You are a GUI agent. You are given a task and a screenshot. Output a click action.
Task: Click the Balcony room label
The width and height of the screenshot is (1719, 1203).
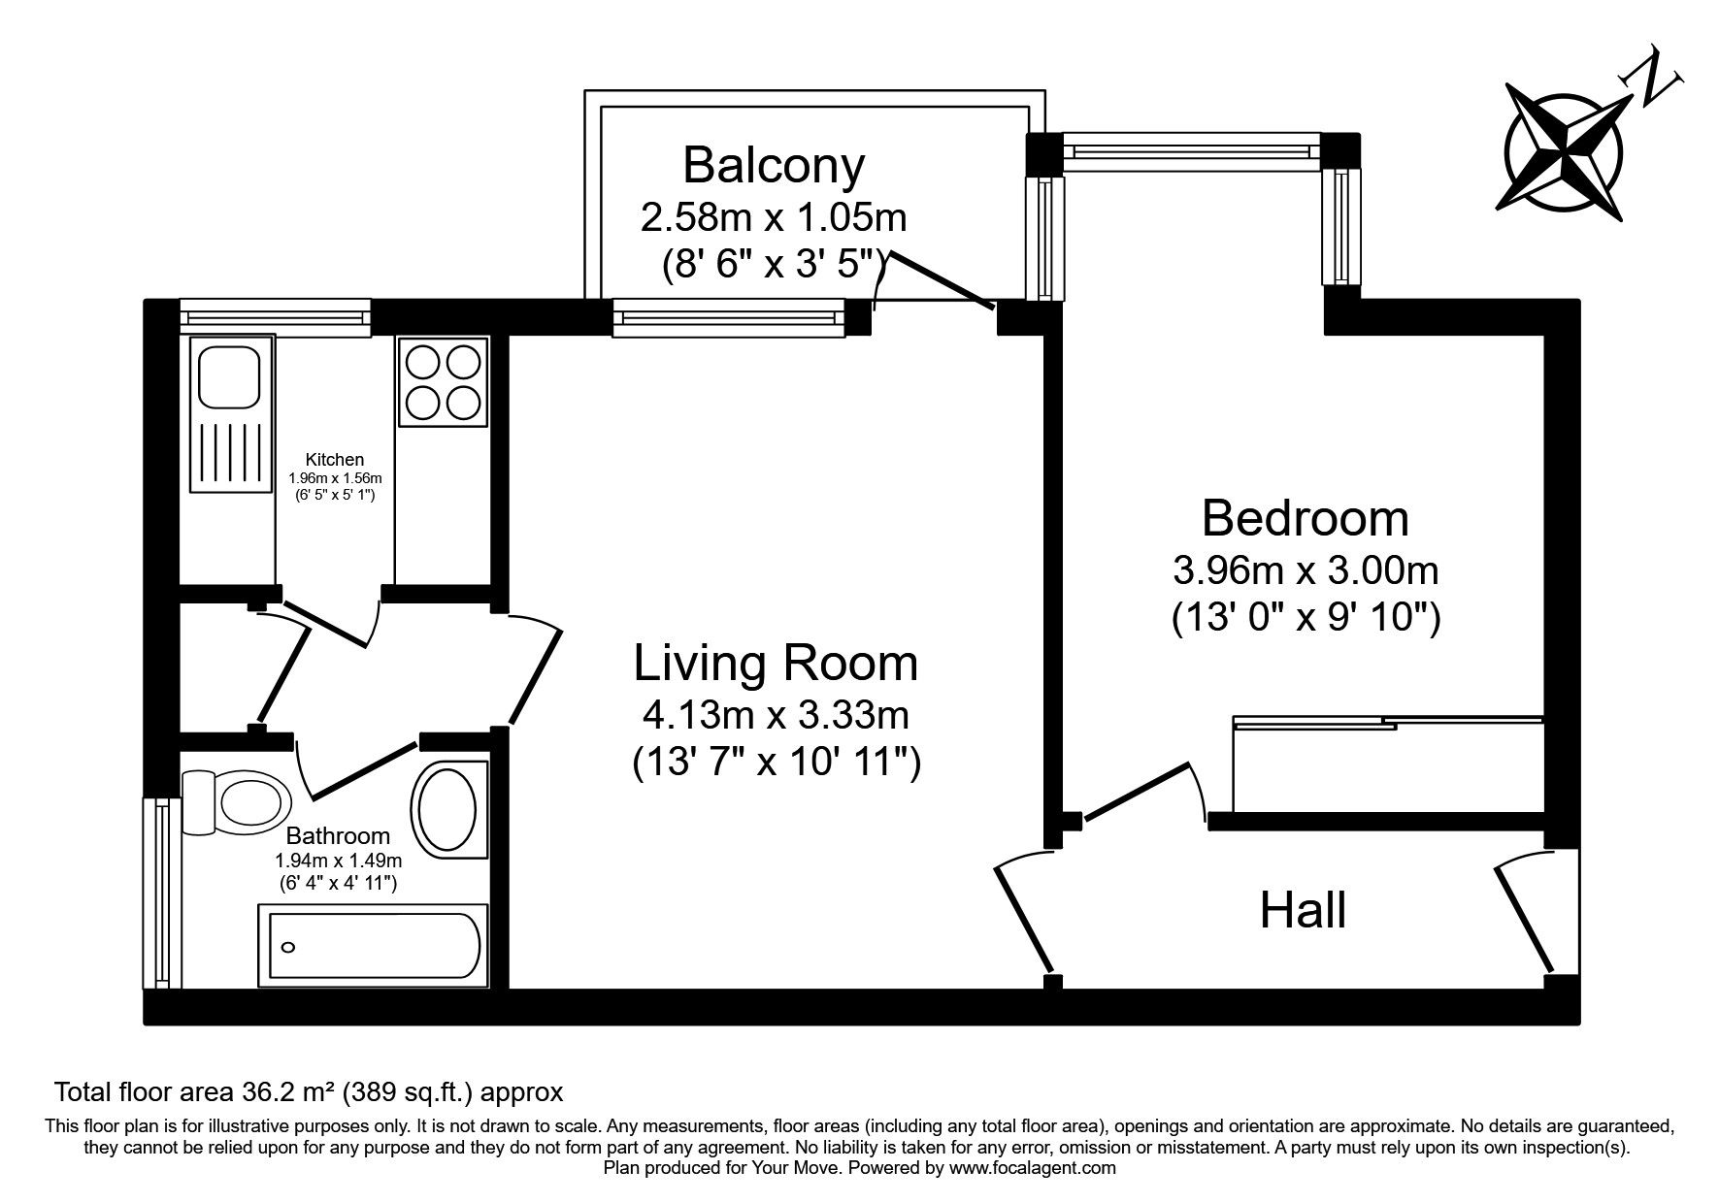click(774, 165)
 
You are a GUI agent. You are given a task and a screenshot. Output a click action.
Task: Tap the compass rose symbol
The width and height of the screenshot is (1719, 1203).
click(1563, 153)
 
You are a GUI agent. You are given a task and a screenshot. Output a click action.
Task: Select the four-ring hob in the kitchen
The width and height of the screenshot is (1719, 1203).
click(443, 381)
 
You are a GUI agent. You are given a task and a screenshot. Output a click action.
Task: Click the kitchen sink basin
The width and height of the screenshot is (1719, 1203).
click(230, 376)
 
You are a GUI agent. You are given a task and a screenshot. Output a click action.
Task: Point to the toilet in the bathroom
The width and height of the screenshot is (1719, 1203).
click(238, 801)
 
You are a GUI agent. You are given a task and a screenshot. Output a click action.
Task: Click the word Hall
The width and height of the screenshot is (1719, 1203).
click(1303, 911)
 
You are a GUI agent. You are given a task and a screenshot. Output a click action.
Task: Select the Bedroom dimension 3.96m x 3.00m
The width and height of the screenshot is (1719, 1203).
click(1305, 570)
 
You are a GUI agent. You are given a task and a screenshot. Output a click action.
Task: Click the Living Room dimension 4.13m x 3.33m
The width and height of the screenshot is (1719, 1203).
click(776, 716)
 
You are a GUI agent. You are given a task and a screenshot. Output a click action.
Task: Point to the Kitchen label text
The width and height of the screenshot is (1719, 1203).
click(335, 459)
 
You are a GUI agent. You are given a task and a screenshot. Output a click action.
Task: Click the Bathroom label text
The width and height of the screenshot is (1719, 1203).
click(338, 835)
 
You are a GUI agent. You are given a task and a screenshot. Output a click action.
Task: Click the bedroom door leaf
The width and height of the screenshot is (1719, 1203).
click(1136, 793)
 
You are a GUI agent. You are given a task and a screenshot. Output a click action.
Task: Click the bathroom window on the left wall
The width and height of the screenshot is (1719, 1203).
click(161, 893)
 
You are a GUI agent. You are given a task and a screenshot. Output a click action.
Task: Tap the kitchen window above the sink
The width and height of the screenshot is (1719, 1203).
click(276, 316)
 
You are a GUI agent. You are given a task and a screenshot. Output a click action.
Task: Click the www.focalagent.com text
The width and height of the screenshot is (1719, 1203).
click(1033, 1168)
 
